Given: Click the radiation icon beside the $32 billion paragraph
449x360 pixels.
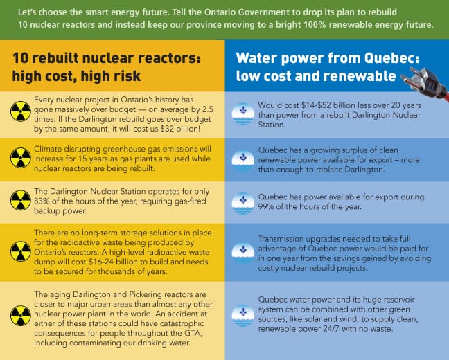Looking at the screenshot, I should [x=19, y=111].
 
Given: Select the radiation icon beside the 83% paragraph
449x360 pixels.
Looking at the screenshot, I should [x=19, y=201].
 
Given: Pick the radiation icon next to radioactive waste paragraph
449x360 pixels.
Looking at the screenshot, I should [x=19, y=250].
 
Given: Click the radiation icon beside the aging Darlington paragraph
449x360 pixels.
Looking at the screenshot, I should [x=19, y=316].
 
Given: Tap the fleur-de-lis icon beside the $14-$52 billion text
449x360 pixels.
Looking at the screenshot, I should [x=242, y=111].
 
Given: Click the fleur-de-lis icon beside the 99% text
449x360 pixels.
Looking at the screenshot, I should [x=242, y=201].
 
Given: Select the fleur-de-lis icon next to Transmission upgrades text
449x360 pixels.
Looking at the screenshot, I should [x=242, y=250].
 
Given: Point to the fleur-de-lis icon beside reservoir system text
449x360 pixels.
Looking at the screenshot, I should [x=242, y=316].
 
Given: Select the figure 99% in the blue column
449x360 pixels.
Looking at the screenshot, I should [x=268, y=206].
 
